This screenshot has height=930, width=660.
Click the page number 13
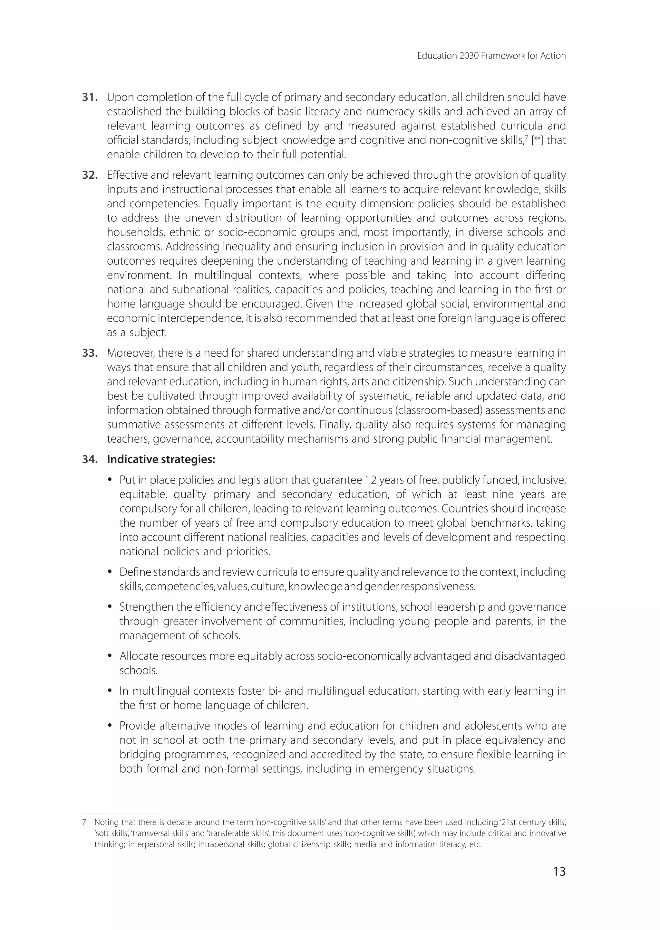pyautogui.click(x=559, y=871)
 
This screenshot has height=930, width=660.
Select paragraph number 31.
pyautogui.click(x=90, y=98)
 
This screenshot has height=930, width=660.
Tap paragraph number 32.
pyautogui.click(x=90, y=175)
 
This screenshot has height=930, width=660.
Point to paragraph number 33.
pyautogui.click(x=90, y=353)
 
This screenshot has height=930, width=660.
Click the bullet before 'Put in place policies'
pyautogui.click(x=110, y=481)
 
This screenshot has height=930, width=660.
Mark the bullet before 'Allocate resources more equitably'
pyautogui.click(x=110, y=656)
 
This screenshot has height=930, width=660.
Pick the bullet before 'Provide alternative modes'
pyautogui.click(x=110, y=726)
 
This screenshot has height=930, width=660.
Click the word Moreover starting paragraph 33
pyautogui.click(x=128, y=353)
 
